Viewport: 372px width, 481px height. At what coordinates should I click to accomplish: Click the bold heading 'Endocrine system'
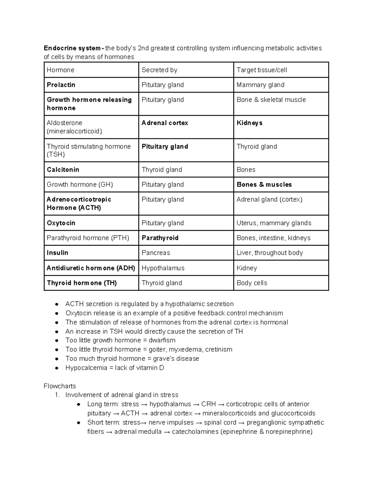72,48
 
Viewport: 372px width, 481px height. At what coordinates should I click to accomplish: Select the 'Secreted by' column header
159,70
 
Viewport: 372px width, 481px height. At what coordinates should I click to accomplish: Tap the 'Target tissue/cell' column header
262,70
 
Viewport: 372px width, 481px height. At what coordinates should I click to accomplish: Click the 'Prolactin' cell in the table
61,85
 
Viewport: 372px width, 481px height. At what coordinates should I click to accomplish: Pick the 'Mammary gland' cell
260,85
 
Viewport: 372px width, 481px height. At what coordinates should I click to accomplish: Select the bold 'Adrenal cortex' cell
165,123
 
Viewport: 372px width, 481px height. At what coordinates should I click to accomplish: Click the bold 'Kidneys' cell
249,123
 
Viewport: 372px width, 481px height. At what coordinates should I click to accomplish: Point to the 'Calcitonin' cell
63,170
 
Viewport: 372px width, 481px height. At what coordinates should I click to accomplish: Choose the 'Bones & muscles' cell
264,185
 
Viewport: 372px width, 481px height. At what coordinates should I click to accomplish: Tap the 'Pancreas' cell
156,253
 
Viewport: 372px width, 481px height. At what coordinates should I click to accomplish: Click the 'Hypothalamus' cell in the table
163,268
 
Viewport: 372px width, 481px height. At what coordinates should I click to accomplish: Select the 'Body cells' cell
251,283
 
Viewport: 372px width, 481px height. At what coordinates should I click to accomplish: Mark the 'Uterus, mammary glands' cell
274,223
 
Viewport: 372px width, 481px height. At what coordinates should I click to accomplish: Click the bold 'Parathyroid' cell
160,238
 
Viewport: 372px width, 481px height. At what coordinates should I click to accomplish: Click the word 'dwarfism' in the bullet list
162,340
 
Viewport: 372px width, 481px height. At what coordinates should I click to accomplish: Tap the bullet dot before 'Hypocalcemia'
56,368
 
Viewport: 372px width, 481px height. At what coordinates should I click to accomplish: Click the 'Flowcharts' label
60,386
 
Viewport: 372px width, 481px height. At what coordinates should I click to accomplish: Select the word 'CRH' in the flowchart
208,404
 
